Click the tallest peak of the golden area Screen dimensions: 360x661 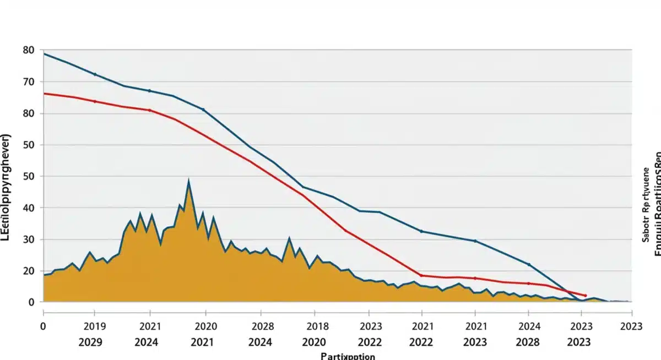coord(188,181)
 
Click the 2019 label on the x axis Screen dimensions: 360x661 coord(95,325)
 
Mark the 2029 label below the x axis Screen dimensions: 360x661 coord(90,342)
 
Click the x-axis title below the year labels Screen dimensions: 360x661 coord(348,356)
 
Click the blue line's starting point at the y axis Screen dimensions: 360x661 coord(44,54)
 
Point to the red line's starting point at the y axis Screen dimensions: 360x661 coord(44,94)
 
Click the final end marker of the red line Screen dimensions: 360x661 coord(585,296)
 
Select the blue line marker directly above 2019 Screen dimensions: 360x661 coord(95,74)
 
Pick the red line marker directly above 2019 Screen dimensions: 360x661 coord(95,101)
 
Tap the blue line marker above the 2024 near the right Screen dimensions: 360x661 coord(529,264)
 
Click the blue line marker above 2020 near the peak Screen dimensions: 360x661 coord(203,110)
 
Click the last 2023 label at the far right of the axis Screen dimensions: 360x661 coord(630,325)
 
